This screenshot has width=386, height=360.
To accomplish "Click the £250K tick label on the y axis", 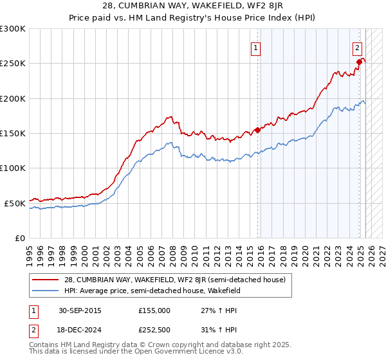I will coord(13,64).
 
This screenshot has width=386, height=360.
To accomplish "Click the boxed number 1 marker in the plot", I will coord(256,47).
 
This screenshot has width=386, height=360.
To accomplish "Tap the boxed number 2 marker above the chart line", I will coord(357,47).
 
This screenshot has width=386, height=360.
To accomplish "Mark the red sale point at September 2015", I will coord(257,130).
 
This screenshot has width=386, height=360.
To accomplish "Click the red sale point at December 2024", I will coord(359,62).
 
